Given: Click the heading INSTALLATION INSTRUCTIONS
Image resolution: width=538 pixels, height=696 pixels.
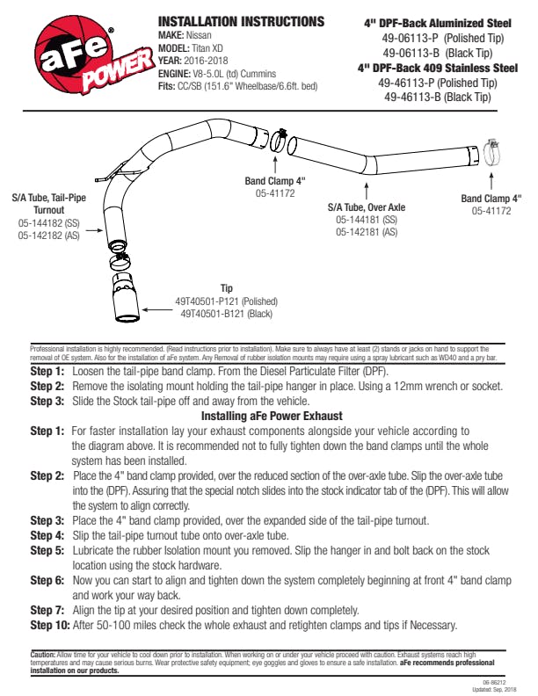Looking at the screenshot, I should (240, 21).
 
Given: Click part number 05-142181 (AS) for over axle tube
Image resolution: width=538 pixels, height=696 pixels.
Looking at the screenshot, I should (367, 232).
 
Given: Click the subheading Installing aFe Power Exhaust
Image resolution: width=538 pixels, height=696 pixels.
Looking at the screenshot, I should (271, 415).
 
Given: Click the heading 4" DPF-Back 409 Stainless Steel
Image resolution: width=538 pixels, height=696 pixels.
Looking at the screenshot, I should (438, 68).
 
